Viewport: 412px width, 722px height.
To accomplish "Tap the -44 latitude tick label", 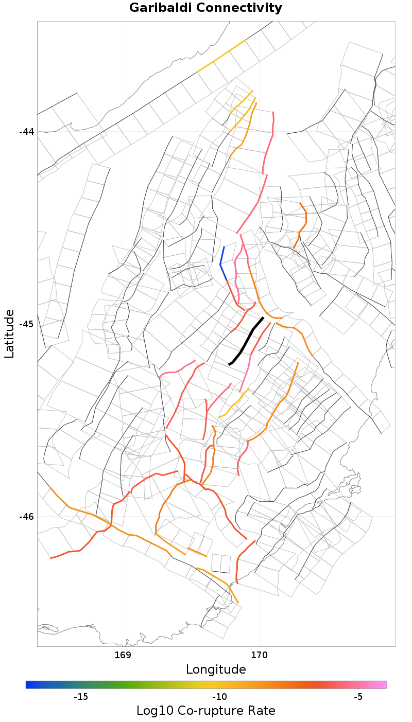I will pos(27,132).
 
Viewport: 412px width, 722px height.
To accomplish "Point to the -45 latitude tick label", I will pos(27,324).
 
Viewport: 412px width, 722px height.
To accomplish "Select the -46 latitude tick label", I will pos(27,517).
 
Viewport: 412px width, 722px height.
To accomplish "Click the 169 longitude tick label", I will pos(123,655).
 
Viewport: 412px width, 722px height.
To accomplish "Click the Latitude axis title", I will pos(9,333).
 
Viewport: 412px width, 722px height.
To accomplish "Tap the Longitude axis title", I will pos(216,670).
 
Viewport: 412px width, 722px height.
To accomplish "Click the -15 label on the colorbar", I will pos(81,697).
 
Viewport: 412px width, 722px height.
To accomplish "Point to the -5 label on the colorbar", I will pos(358,697).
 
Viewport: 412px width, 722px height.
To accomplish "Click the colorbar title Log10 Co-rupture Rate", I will pos(205,711).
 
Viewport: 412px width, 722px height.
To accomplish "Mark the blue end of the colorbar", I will pos(29,684).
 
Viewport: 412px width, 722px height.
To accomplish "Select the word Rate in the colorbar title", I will pos(261,711).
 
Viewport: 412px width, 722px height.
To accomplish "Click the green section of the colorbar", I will pos(139,684).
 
